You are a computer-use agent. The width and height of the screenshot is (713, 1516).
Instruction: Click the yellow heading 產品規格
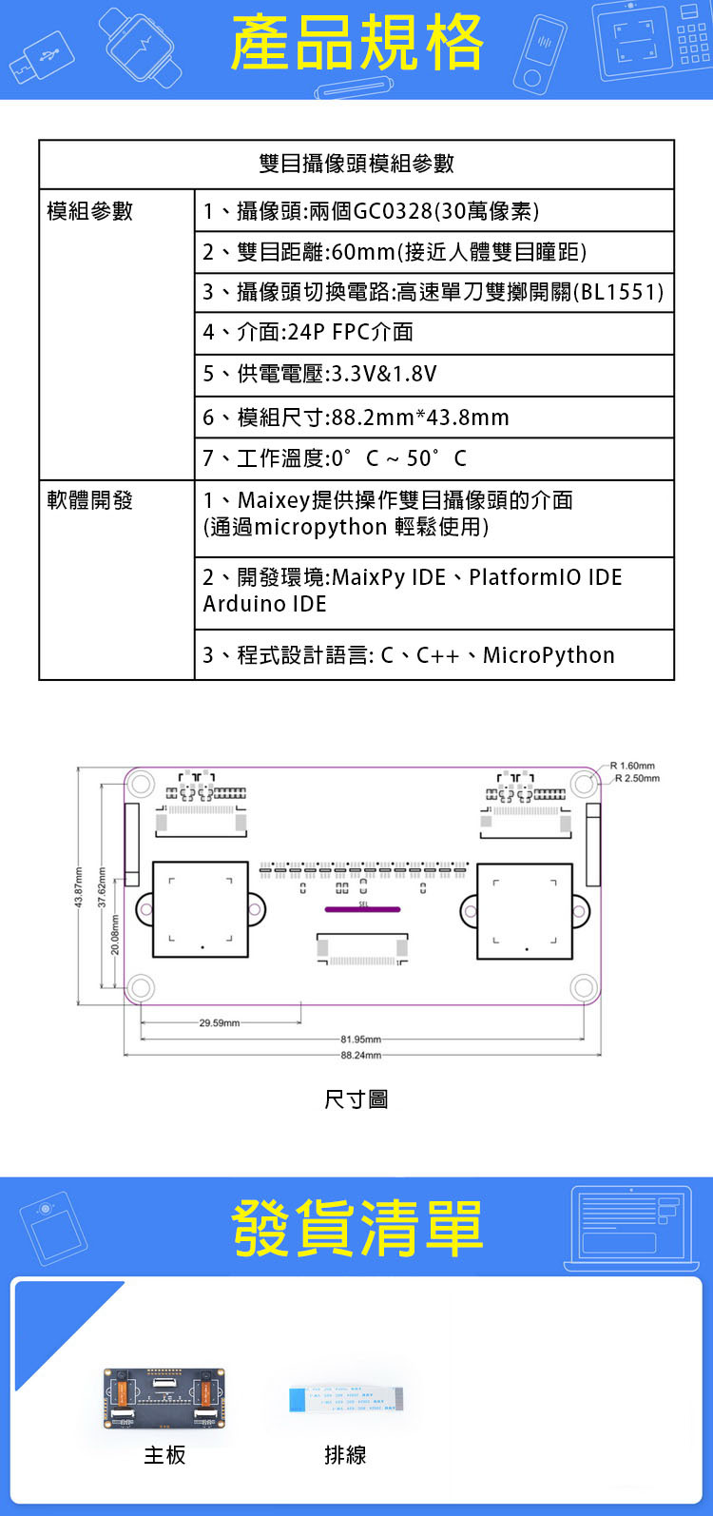[356, 44]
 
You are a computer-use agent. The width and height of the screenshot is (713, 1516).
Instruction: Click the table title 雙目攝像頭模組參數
[356, 164]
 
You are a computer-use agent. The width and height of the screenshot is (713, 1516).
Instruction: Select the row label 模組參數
[90, 211]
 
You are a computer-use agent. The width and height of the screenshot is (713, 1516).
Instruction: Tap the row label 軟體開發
[90, 500]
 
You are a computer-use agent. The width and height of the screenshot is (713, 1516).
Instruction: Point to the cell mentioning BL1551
[433, 292]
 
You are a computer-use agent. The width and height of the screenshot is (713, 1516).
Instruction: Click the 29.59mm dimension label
[220, 1023]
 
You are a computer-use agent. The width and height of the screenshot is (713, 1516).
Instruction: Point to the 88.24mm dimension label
[360, 1055]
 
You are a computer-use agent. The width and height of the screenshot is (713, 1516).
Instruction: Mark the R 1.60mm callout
[633, 766]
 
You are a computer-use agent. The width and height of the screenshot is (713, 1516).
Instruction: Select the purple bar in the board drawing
[362, 910]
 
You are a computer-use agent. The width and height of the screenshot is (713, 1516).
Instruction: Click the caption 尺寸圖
[356, 1099]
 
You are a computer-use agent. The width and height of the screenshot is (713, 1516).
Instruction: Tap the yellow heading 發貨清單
[356, 1227]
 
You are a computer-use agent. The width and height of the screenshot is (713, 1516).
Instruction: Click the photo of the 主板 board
[164, 1396]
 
